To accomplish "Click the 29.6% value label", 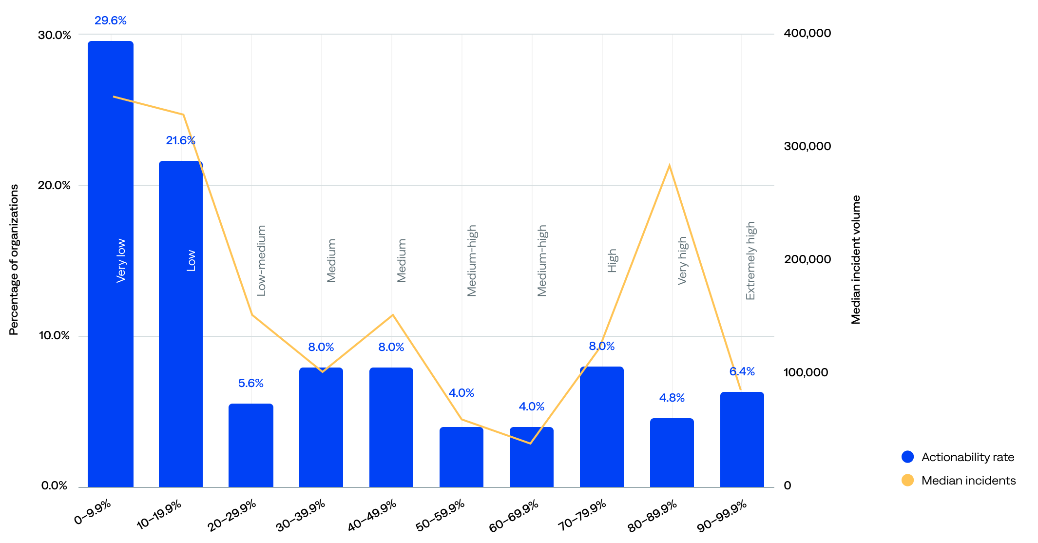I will (x=111, y=20).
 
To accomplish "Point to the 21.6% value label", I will (x=180, y=140).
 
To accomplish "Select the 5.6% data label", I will (x=251, y=383).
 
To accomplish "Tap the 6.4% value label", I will (x=742, y=371).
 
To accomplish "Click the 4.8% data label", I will (x=672, y=398).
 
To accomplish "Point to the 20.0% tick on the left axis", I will (x=54, y=185).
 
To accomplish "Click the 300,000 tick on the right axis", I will (x=807, y=146).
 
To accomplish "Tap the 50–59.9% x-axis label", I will (x=441, y=516).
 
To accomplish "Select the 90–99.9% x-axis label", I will (x=722, y=516).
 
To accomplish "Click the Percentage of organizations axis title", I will (x=14, y=259).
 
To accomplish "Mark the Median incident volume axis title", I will (x=856, y=259).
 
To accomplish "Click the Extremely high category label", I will (x=750, y=261).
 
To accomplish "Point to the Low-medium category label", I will (x=261, y=261).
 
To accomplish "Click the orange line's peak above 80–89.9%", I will (x=670, y=165).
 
